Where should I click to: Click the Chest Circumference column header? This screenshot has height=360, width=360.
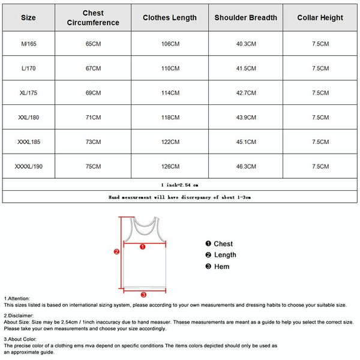point(93,18)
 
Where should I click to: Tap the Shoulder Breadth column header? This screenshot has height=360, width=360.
point(246,18)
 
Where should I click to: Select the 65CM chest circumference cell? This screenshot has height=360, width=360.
point(93,44)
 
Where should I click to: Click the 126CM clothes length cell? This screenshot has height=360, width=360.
point(170,166)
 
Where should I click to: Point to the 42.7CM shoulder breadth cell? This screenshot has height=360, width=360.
point(246,93)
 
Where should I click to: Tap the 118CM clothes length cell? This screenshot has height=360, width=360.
point(170,118)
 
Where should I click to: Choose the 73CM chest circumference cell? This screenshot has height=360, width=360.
point(93,142)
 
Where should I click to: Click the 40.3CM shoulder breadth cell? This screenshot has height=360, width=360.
point(246,44)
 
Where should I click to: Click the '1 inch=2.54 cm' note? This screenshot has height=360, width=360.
point(179,185)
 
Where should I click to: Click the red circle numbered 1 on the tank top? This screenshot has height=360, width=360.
point(142,246)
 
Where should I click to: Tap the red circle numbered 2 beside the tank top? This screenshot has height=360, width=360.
point(117,252)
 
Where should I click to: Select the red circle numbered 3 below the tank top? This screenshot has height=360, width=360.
point(143,295)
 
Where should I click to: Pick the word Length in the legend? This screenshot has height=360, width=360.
point(225,255)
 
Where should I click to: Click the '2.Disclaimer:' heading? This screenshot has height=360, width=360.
point(19,315)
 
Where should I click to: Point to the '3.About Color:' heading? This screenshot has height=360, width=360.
point(21,339)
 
